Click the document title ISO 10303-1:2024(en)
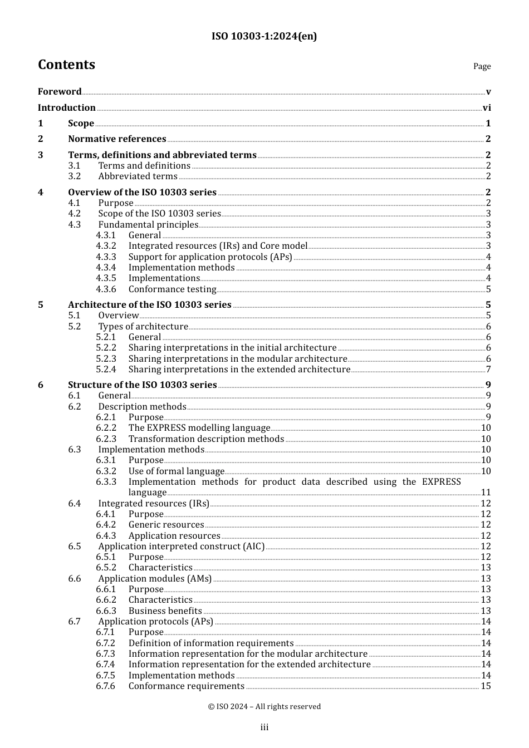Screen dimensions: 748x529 pyautogui.click(x=264, y=36)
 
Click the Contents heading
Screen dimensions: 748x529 pyautogui.click(x=66, y=65)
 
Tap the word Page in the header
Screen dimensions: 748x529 pyautogui.click(x=482, y=66)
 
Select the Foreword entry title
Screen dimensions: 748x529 pyautogui.click(x=60, y=92)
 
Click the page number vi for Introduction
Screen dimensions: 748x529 pyautogui.click(x=487, y=108)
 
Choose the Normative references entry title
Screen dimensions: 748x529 pyautogui.click(x=117, y=139)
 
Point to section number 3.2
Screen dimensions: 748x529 pyautogui.click(x=75, y=176)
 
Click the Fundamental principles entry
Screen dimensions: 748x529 pyautogui.click(x=148, y=225)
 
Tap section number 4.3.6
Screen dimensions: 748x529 pyautogui.click(x=106, y=289)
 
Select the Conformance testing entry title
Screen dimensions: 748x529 pyautogui.click(x=172, y=289)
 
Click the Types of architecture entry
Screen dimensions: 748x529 pyautogui.click(x=143, y=327)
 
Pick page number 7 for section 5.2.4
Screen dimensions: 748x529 pyautogui.click(x=488, y=370)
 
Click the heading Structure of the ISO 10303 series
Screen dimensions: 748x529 pyautogui.click(x=142, y=385)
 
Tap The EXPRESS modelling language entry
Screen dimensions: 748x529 pyautogui.click(x=199, y=428)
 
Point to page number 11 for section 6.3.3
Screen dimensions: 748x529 pyautogui.click(x=486, y=493)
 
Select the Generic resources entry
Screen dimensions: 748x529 pyautogui.click(x=166, y=525)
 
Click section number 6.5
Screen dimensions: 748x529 pyautogui.click(x=75, y=547)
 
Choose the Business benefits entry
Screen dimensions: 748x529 pyautogui.click(x=165, y=611)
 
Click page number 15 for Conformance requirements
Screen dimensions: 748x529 pyautogui.click(x=486, y=686)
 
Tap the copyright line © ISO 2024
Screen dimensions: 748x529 pyautogui.click(x=264, y=707)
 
